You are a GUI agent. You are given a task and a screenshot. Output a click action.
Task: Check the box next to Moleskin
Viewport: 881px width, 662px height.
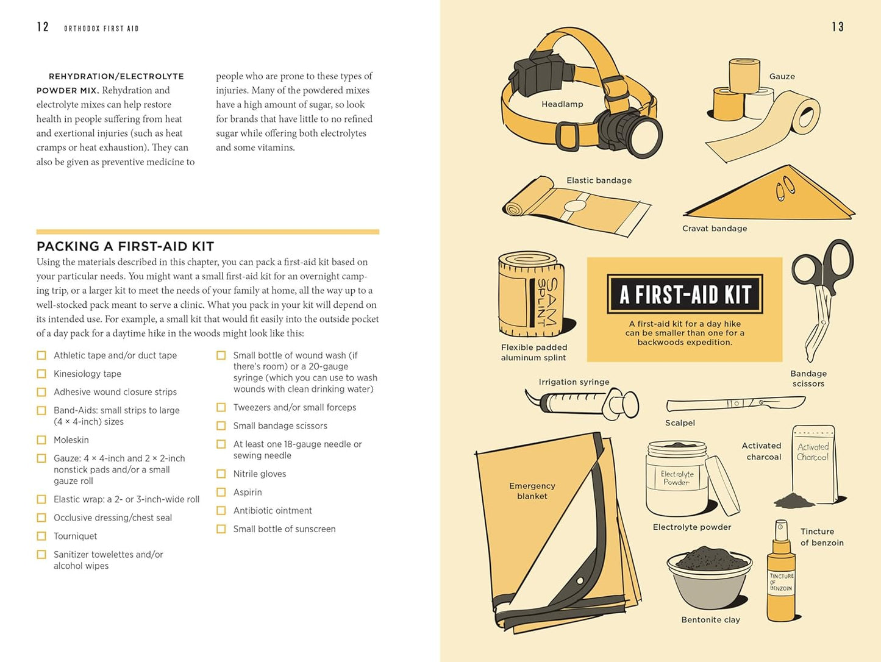pyautogui.click(x=41, y=440)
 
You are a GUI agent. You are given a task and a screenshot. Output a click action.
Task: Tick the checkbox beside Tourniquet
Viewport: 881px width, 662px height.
pyautogui.click(x=41, y=536)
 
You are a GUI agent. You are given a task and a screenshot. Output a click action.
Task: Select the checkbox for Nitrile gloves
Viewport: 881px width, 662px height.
pyautogui.click(x=221, y=474)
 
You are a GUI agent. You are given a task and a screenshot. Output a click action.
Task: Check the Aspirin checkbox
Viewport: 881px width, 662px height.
pyautogui.click(x=221, y=493)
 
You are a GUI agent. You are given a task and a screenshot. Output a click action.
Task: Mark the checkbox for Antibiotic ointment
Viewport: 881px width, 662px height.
pyautogui.click(x=221, y=511)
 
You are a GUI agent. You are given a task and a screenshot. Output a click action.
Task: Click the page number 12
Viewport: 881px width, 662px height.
pyautogui.click(x=43, y=27)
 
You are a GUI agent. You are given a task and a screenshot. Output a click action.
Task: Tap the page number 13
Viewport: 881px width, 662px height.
pyautogui.click(x=838, y=27)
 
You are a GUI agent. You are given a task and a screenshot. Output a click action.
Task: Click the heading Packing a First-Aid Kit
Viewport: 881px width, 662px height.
pyautogui.click(x=125, y=246)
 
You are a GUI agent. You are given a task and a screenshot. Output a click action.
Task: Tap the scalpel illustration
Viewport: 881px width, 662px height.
pyautogui.click(x=735, y=404)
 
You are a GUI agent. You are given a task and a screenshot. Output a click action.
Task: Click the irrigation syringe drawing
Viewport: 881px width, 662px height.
pyautogui.click(x=582, y=402)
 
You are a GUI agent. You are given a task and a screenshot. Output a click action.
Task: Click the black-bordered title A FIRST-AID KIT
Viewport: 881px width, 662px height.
pyautogui.click(x=685, y=294)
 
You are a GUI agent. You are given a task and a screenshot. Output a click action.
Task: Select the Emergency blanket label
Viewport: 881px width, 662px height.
pyautogui.click(x=532, y=491)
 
